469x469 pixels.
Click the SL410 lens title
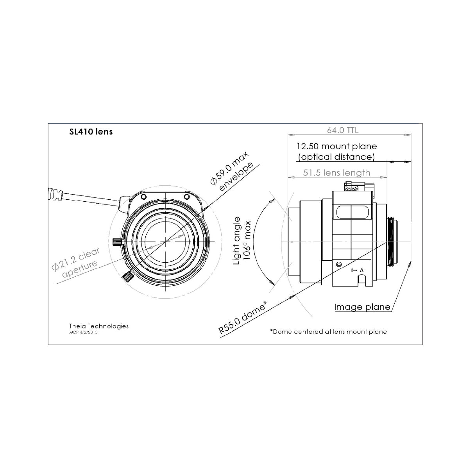click(91, 132)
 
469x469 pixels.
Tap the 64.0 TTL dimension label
click(343, 131)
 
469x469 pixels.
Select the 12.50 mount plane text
click(337, 146)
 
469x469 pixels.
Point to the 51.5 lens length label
click(337, 173)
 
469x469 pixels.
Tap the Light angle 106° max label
click(242, 240)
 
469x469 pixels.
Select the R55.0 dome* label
click(242, 318)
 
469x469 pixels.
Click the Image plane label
click(362, 307)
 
